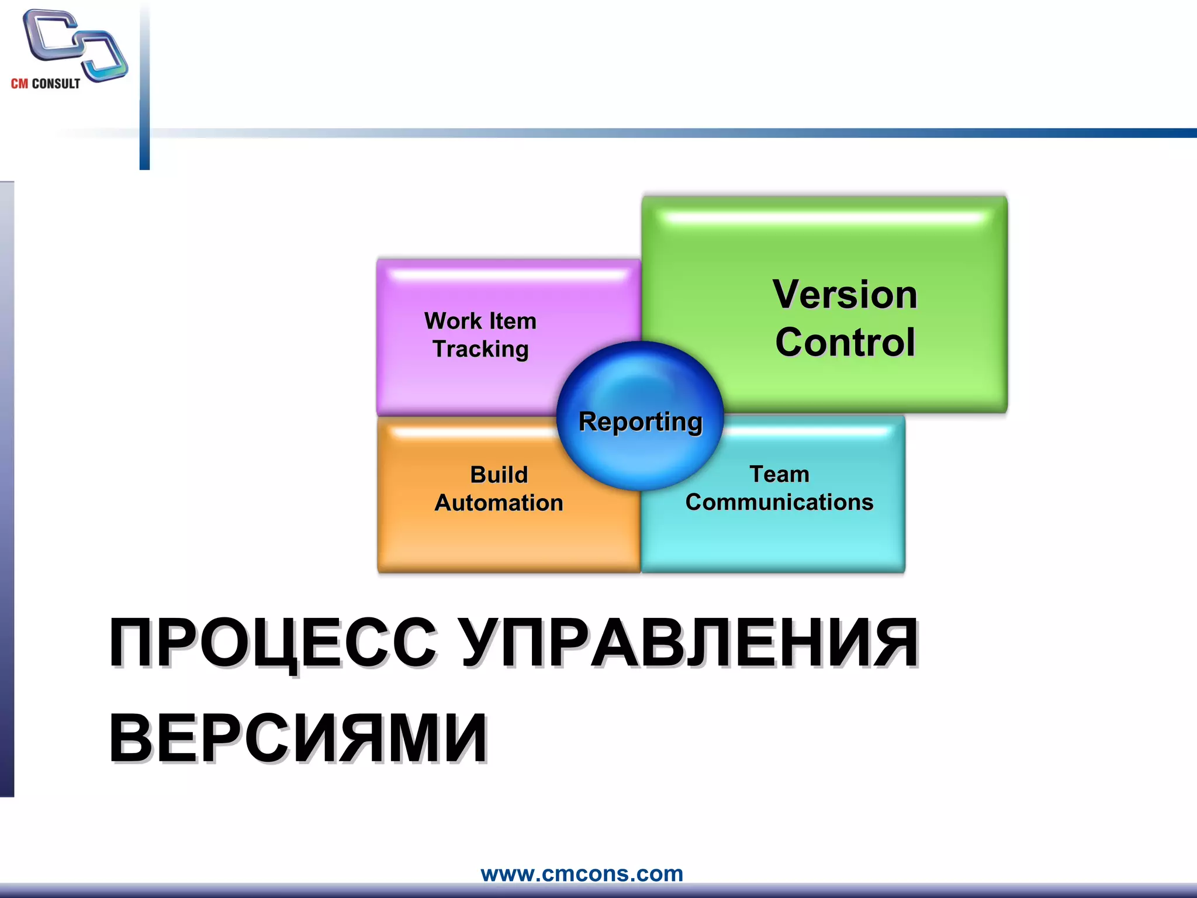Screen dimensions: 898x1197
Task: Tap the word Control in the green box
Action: click(845, 342)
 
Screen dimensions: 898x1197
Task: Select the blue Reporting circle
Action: click(640, 416)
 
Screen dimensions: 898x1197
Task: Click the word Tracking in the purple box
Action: click(480, 349)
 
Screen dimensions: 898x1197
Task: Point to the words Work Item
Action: click(480, 321)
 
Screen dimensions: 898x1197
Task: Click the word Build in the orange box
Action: click(499, 474)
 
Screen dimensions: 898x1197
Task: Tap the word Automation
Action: click(499, 503)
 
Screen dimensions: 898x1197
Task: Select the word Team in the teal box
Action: click(779, 474)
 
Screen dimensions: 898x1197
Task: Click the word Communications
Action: click(779, 502)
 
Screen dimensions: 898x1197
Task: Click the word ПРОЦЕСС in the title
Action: click(272, 643)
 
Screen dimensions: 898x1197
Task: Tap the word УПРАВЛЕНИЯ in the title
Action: click(690, 643)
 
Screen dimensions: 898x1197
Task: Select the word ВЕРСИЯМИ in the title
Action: click(298, 738)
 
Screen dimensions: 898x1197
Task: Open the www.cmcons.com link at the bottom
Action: click(582, 873)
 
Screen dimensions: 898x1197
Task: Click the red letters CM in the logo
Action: click(19, 84)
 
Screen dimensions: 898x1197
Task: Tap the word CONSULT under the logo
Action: click(56, 84)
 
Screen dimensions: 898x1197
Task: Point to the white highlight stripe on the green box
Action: click(824, 218)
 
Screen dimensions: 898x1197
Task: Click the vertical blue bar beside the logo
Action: click(144, 88)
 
